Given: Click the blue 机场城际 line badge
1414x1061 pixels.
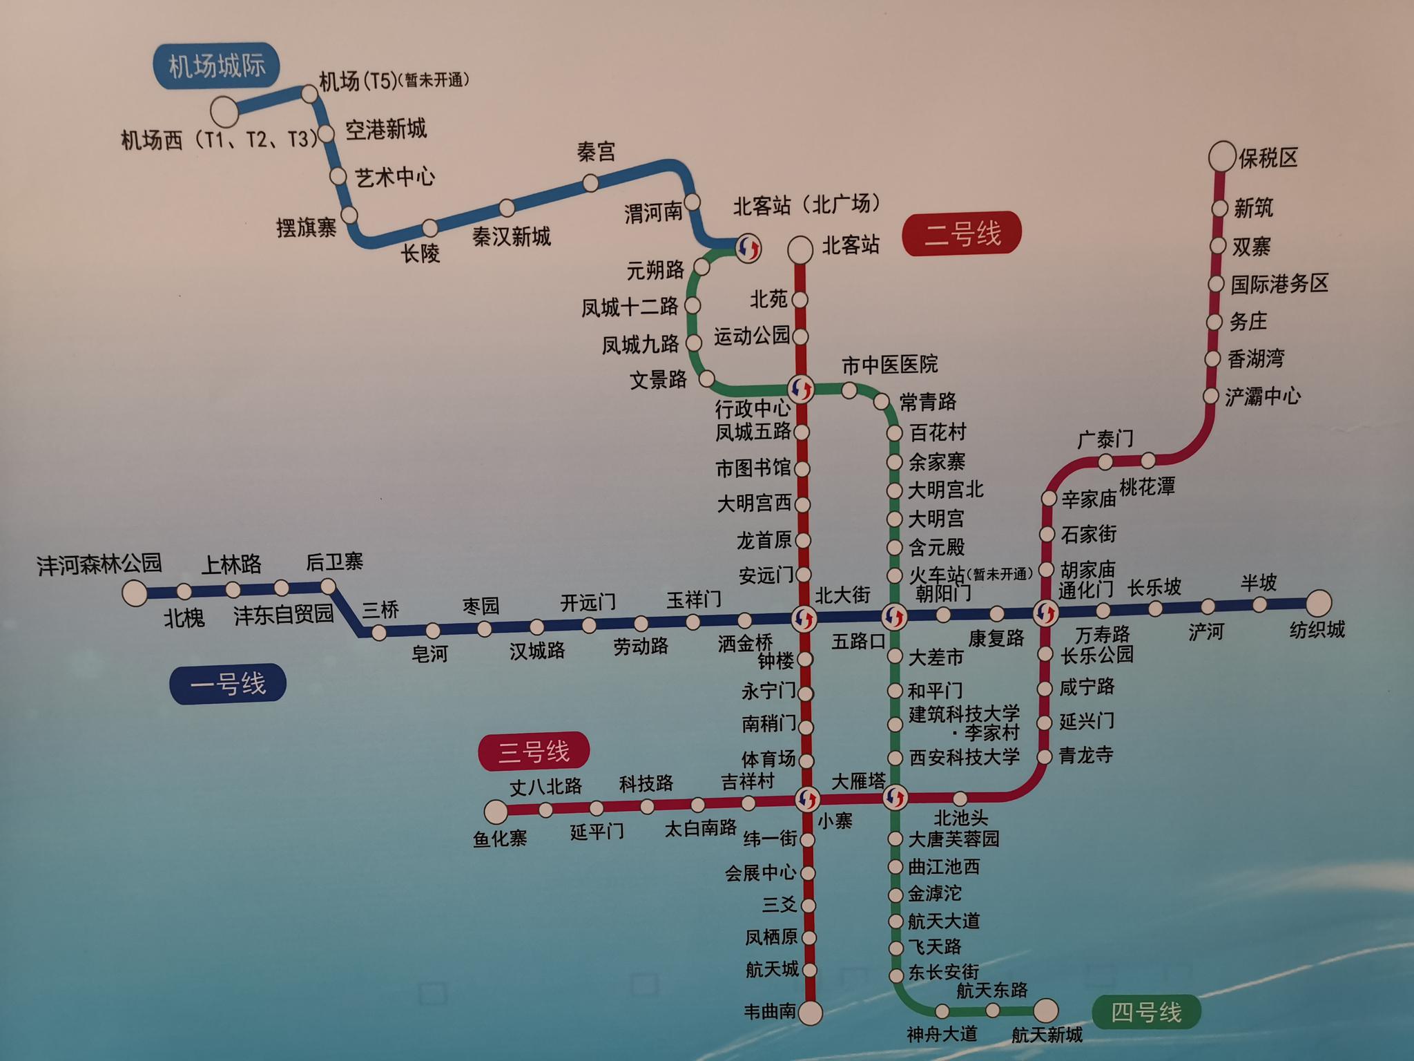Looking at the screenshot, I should pos(217,66).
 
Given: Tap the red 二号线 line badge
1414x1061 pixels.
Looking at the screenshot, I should pos(962,233).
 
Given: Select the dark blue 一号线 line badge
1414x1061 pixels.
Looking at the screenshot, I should pos(228,684).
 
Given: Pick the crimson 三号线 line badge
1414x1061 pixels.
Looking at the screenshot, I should pos(534,751).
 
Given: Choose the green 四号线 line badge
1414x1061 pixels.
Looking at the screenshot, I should pos(1146,1013).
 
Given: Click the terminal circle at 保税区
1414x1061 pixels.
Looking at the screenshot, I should pos(1221,157).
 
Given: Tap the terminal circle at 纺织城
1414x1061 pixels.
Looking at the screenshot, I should pos(1318,602).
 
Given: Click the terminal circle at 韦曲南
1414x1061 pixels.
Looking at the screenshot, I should pos(810,1013).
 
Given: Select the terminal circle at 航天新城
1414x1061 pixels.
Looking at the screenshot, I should pos(1045,1011).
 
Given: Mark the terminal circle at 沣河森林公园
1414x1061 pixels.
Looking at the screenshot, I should pos(135,593).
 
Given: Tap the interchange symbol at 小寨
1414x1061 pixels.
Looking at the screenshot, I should pos(806,799).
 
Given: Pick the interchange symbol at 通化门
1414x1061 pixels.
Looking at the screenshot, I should pos(1045,612).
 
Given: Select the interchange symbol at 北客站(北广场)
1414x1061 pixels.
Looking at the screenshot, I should pos(748,247).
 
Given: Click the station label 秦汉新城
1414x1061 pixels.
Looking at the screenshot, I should pos(512,237).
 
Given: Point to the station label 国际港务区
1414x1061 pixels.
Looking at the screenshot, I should pos(1279,283).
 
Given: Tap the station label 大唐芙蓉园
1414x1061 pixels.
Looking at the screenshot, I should pos(953,839).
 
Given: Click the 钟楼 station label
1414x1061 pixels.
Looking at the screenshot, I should pos(775,661).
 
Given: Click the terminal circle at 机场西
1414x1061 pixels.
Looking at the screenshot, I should pos(224,110).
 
